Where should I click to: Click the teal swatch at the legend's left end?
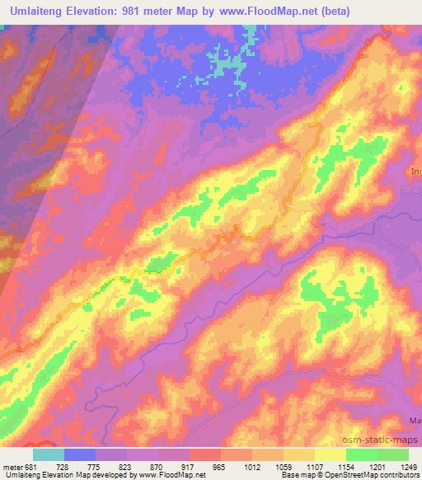49,454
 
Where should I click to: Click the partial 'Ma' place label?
415,421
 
